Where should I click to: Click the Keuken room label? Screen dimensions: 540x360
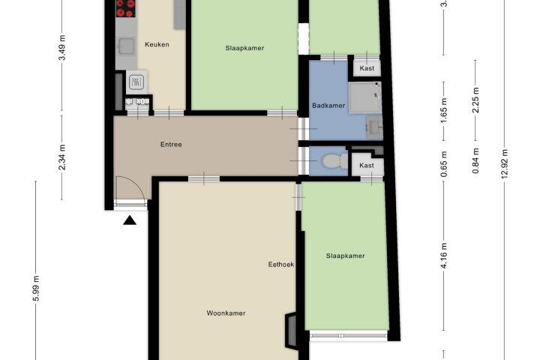(157, 44)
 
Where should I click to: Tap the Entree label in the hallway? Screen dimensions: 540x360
(171, 144)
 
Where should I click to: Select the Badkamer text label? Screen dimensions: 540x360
(328, 106)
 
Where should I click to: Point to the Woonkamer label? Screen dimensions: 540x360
(226, 313)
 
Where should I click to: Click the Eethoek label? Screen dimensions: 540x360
(281, 264)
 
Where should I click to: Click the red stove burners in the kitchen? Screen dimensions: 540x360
(125, 8)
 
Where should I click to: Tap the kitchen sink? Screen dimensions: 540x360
(126, 46)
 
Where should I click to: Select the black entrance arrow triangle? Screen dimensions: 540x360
(130, 220)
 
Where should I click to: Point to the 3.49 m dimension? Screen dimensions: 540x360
(62, 47)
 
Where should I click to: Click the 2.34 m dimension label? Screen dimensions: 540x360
(62, 157)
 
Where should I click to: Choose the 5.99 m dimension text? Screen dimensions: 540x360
(36, 289)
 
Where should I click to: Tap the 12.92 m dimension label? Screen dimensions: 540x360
(505, 164)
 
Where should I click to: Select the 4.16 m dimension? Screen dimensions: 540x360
(444, 256)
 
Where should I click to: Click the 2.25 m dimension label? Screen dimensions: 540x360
(476, 100)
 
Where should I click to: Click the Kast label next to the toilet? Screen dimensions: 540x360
(367, 165)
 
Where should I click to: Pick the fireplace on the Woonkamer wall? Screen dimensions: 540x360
(291, 331)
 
